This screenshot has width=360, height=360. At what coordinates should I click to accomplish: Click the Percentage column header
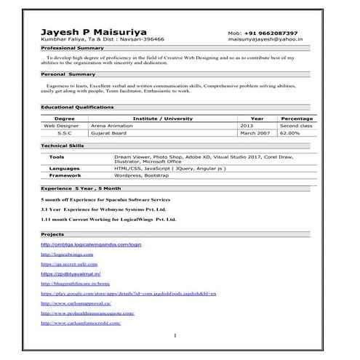(x=297, y=118)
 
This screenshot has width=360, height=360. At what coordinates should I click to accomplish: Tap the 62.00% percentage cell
(x=291, y=133)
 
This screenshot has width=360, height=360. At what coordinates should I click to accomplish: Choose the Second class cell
(x=296, y=126)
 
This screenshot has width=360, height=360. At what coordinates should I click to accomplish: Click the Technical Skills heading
(x=63, y=145)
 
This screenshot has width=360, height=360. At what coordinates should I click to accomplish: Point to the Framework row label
(x=65, y=175)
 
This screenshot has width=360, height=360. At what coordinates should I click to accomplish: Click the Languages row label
(x=65, y=168)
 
